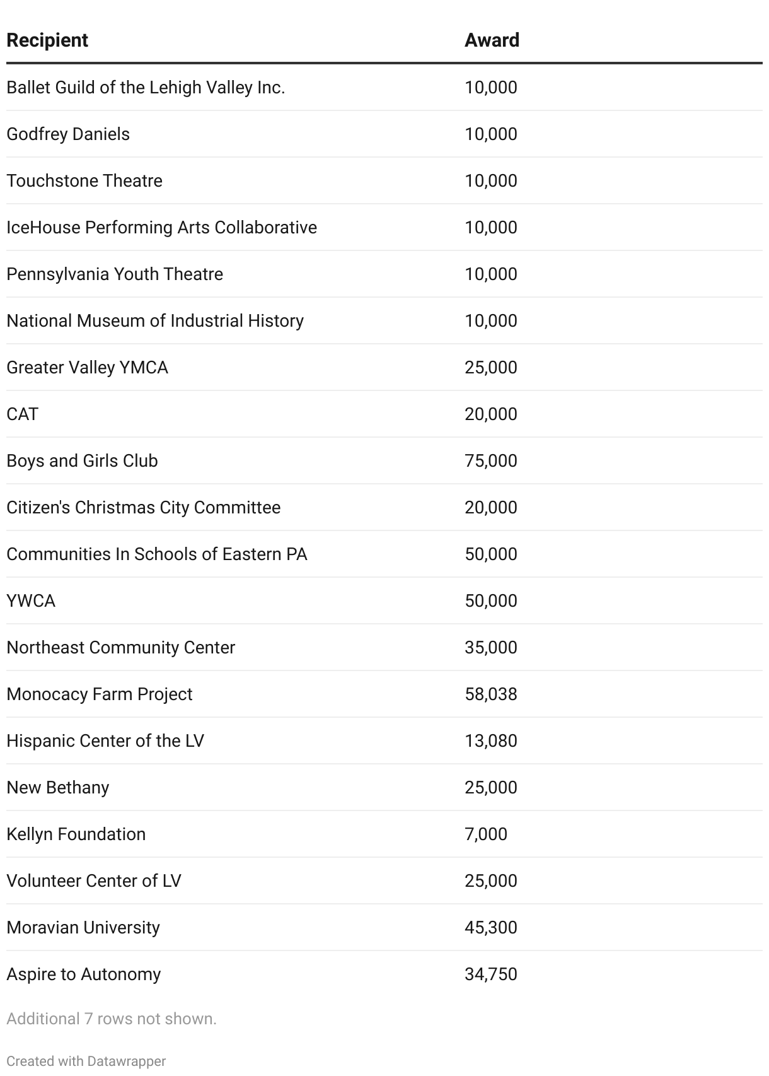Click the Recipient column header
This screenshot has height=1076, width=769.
pos(47,40)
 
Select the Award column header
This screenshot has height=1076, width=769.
pos(492,40)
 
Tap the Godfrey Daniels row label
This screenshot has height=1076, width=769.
pos(68,134)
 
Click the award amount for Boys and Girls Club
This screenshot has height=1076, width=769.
pos(490,461)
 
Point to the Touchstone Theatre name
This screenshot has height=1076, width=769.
pos(84,181)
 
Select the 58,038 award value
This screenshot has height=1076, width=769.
pos(490,694)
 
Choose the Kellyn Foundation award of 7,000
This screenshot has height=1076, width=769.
pos(485,834)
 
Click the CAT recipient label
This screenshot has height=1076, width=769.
pos(23,414)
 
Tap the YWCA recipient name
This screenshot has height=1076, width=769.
pos(31,601)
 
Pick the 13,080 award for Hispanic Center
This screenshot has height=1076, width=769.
pos(490,741)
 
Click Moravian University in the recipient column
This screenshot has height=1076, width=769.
pos(83,928)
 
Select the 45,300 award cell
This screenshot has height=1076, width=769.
pos(490,928)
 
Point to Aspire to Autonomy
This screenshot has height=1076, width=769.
pos(84,974)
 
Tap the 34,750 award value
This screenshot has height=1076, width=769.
pos(490,974)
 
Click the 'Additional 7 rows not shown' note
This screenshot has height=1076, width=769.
pos(112,1019)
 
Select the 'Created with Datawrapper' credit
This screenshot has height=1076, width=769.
pos(86,1061)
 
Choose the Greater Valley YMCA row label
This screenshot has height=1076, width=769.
pos(87,368)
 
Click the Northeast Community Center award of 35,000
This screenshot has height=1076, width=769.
pos(490,648)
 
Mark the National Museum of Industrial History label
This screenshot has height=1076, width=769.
pos(155,321)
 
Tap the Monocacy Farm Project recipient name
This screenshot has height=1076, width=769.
pos(100,694)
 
